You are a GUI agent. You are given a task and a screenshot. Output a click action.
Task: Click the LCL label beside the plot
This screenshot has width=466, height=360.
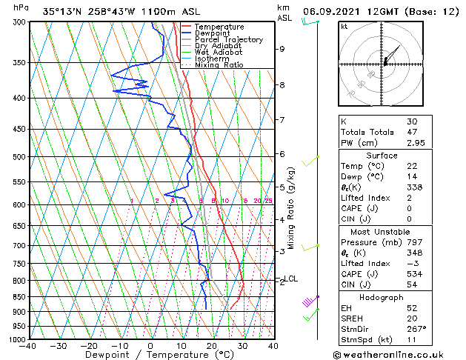tap(290, 279)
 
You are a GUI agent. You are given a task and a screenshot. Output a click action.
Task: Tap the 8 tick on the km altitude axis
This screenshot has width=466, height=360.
tap(282, 85)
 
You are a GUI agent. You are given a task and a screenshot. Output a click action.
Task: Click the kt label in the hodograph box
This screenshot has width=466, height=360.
tap(344, 26)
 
